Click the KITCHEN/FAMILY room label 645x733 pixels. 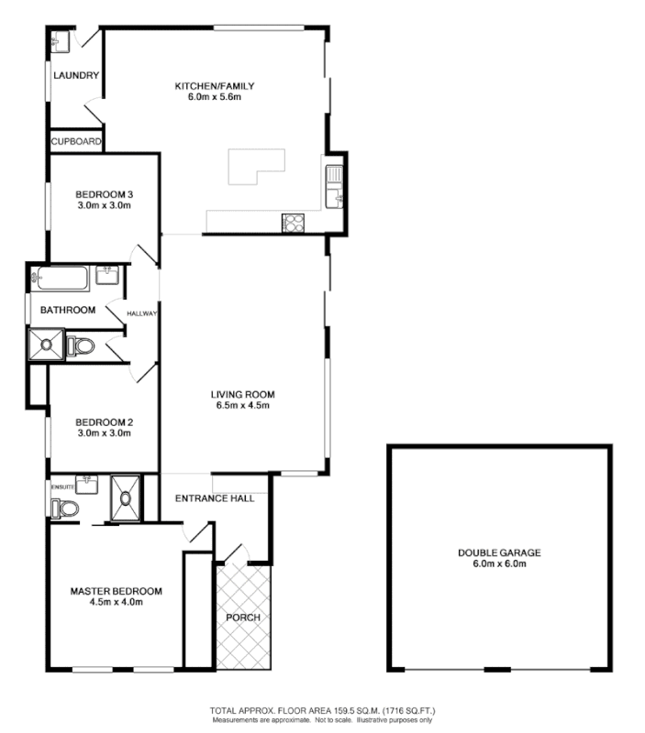click(x=214, y=86)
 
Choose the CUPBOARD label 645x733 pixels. click(x=76, y=142)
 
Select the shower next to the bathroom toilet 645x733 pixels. click(x=45, y=345)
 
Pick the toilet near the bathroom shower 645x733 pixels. click(x=81, y=345)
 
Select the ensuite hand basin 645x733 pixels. click(x=89, y=480)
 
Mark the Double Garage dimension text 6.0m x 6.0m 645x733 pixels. click(x=499, y=564)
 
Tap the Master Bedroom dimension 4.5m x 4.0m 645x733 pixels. click(x=116, y=603)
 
